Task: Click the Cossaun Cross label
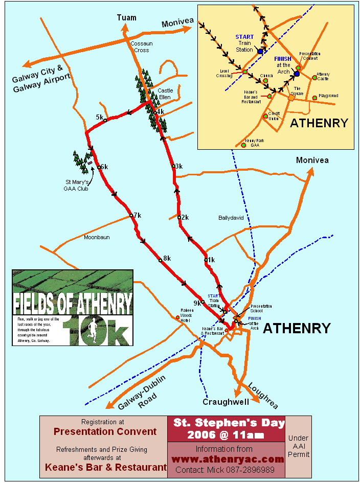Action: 140,47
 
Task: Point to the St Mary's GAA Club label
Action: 77,186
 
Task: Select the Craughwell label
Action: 226,402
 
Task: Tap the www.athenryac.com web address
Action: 227,459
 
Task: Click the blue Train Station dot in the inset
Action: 260,52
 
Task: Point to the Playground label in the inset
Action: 328,96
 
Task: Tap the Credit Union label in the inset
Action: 275,116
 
